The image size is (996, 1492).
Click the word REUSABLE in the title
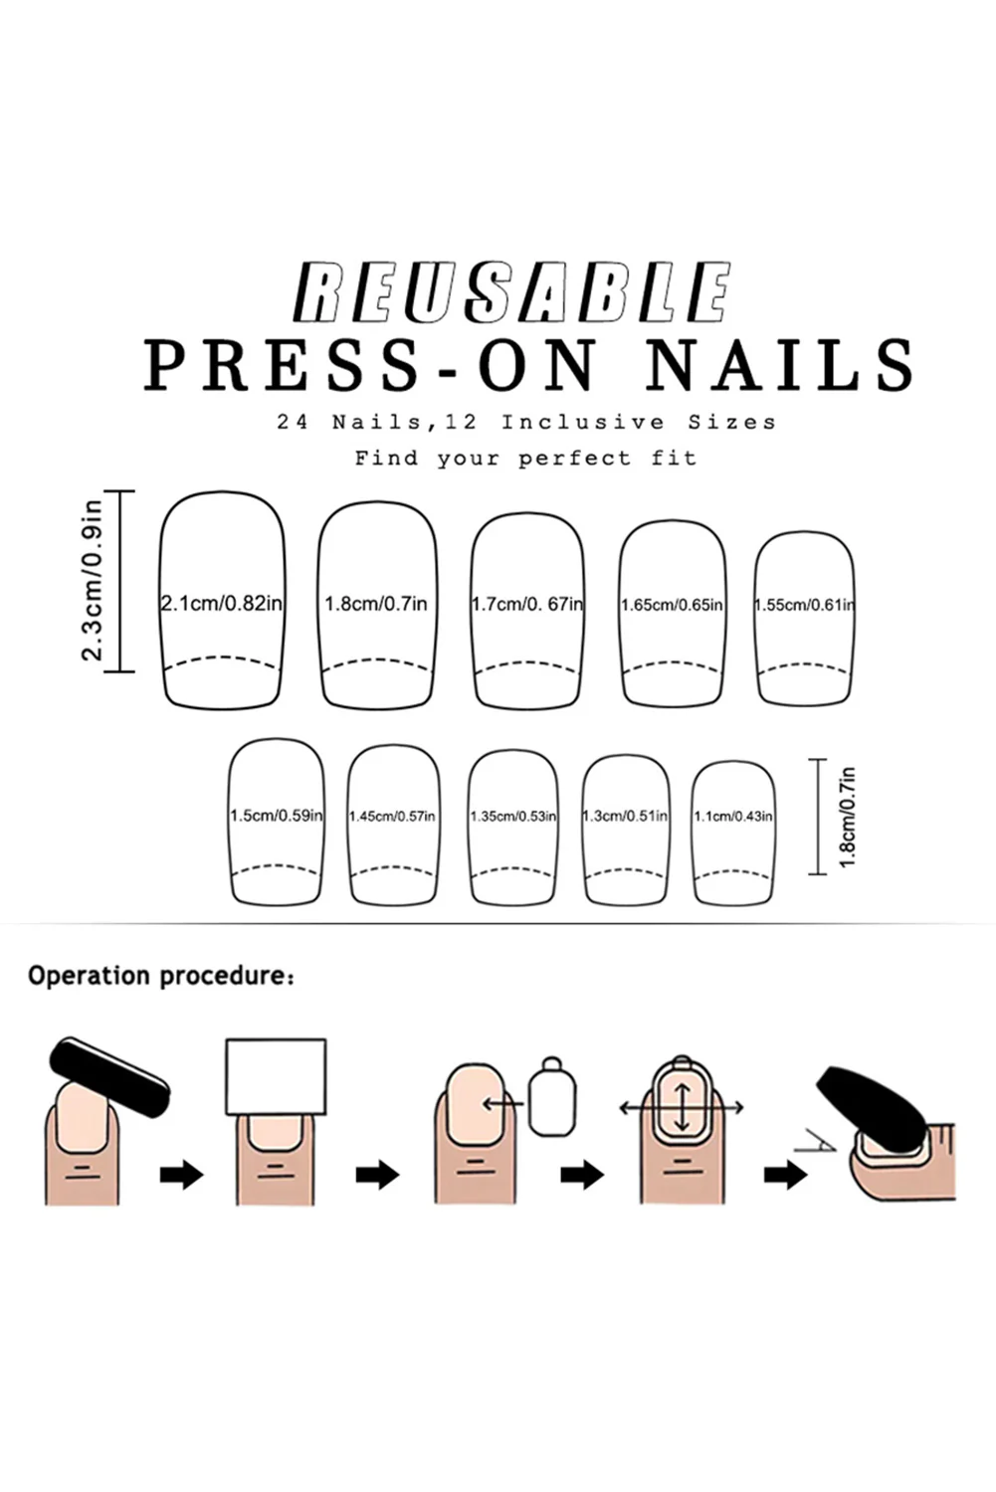[512, 292]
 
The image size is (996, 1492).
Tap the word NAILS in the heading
[779, 364]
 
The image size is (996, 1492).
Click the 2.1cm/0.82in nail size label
[222, 603]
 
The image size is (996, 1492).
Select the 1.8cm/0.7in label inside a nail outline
[376, 604]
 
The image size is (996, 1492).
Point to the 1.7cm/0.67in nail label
[527, 604]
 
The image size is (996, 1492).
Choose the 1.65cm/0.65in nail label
[673, 605]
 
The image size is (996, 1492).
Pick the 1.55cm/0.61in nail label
[804, 605]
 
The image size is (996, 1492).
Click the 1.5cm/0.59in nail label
[277, 816]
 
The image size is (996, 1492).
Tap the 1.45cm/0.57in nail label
[392, 817]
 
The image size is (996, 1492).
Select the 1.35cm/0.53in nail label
[513, 817]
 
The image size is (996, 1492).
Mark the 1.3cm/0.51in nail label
[625, 817]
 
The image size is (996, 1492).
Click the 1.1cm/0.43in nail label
[733, 817]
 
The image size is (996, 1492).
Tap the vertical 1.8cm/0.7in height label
[848, 817]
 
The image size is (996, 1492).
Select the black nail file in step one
[109, 1076]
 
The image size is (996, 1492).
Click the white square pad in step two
[276, 1077]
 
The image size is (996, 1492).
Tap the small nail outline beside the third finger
[552, 1097]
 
